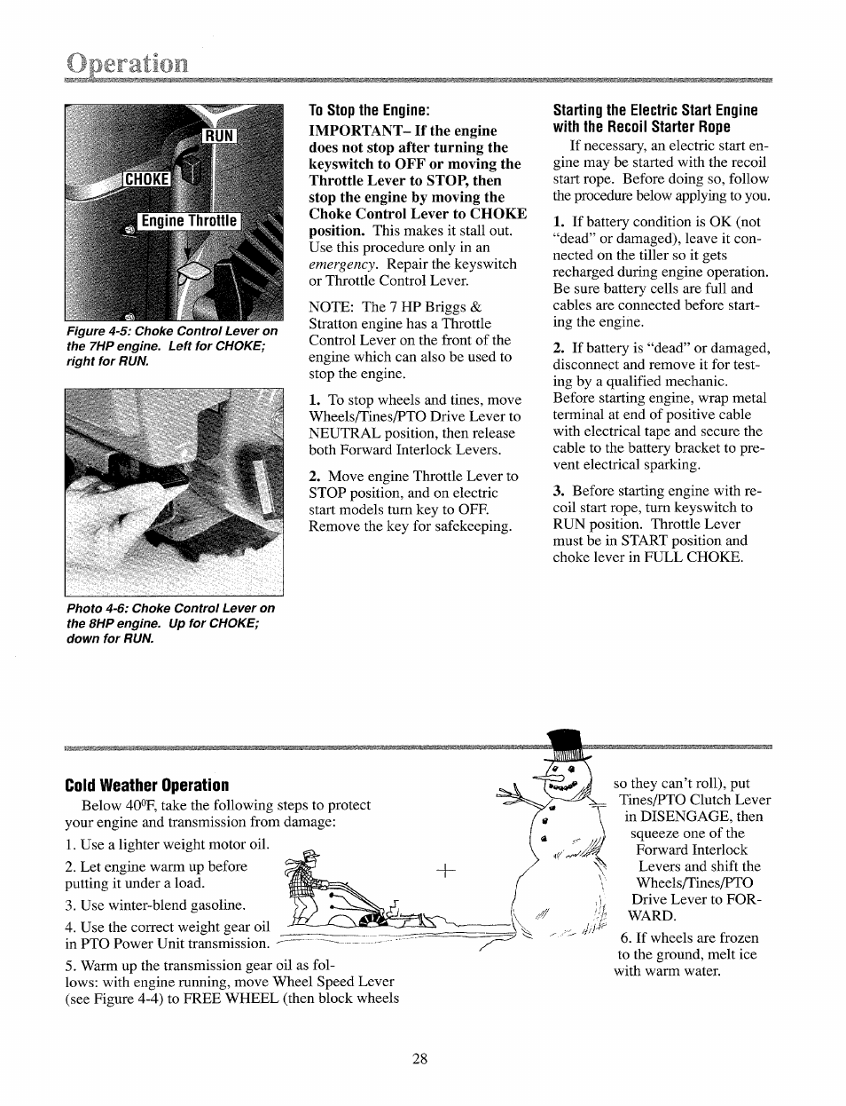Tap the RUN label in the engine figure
(218, 136)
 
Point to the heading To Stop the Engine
(369, 111)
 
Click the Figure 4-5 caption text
(171, 346)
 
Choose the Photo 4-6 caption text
(170, 623)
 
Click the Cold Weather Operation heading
(146, 786)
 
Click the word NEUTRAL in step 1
(346, 433)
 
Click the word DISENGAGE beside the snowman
(678, 817)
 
